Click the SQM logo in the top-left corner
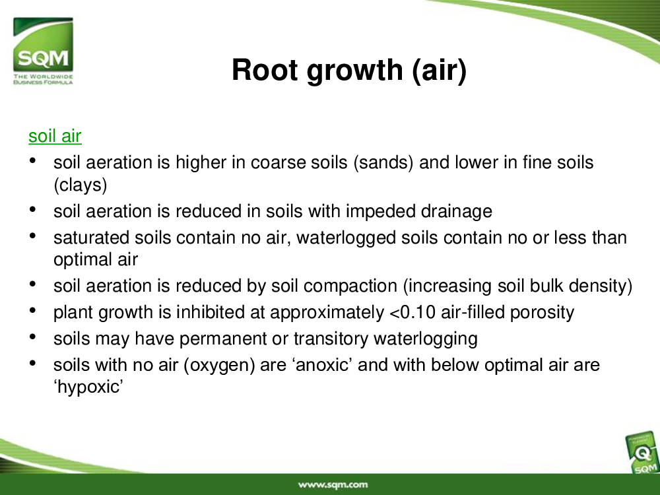[x=43, y=51]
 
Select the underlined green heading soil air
[x=55, y=137]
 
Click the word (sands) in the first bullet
[x=383, y=163]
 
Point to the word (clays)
[x=81, y=185]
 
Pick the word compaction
[x=350, y=286]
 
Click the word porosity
[x=542, y=313]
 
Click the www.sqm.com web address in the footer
[x=333, y=485]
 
